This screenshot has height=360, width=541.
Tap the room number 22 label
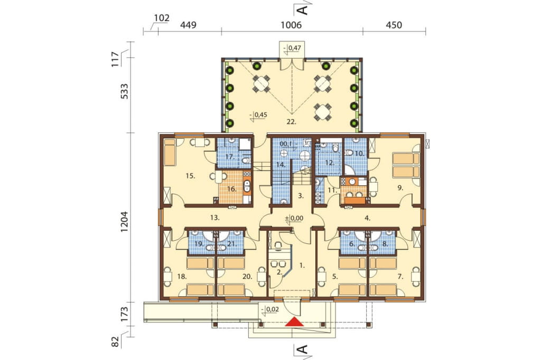(x=292, y=121)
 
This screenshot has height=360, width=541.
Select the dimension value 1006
(x=291, y=25)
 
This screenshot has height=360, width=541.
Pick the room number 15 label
(x=190, y=176)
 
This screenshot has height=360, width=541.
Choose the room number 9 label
(x=400, y=188)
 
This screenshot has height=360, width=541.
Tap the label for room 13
(x=215, y=217)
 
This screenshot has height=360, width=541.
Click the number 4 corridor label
(x=368, y=218)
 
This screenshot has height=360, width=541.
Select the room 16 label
(x=231, y=189)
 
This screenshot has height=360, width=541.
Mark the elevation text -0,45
(x=260, y=115)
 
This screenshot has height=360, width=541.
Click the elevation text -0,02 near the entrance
(x=270, y=310)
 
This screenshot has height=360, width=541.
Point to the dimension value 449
(x=189, y=25)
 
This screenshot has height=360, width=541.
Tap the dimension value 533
(x=124, y=91)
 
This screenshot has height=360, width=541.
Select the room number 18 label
(x=182, y=276)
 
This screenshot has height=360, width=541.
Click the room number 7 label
(x=400, y=276)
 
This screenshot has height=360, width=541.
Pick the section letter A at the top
(x=302, y=10)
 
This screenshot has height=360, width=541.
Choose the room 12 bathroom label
(x=330, y=163)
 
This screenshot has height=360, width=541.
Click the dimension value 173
(x=124, y=314)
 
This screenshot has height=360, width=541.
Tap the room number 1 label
(x=302, y=266)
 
